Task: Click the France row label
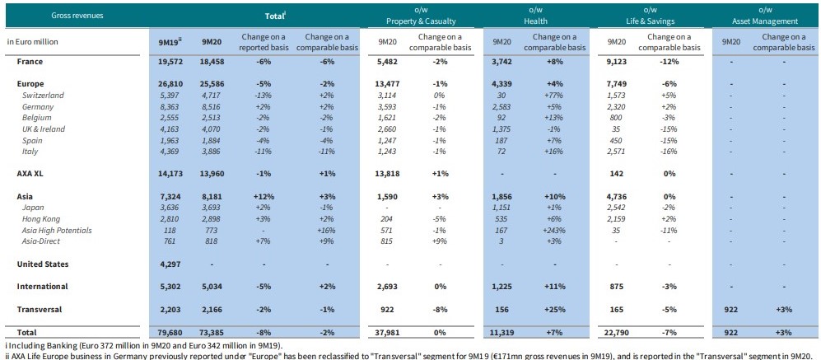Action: (31, 62)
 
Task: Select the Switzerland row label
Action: (42, 96)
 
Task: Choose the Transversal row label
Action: (40, 309)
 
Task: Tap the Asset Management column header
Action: (763, 21)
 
